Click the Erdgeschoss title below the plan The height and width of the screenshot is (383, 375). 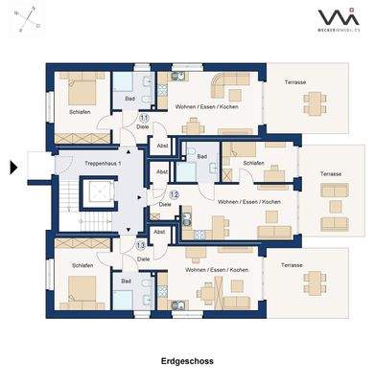coord(187,362)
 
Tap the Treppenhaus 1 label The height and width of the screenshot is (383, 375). coord(92,164)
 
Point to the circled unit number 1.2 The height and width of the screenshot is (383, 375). coord(174,194)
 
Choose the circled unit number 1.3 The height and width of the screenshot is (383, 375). coord(141,246)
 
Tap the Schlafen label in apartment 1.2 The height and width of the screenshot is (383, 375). coord(253,164)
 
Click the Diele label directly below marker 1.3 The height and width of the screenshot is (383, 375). coord(142,257)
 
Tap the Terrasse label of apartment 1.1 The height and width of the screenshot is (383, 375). coord(295,82)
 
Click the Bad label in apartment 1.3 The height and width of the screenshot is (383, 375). coord(127,282)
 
